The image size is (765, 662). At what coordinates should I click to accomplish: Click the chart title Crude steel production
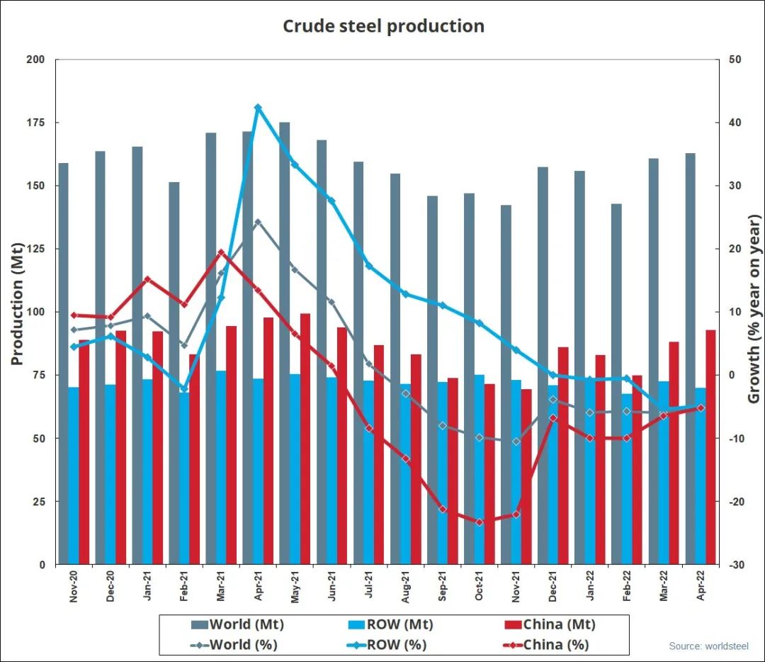point(383,26)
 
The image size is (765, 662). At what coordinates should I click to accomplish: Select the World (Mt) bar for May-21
point(284,340)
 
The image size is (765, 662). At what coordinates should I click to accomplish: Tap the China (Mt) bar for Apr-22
point(710,447)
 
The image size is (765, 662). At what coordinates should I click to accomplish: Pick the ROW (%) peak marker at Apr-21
point(258,108)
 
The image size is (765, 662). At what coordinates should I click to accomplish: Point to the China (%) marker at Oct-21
point(480,522)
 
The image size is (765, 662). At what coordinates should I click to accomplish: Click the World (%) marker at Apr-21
point(258,222)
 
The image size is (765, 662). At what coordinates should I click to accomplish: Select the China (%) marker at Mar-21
point(221,252)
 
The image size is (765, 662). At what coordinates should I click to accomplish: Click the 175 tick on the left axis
point(36,123)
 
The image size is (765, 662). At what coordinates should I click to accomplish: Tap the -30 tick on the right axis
point(735,565)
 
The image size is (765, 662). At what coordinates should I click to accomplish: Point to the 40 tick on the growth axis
point(734,123)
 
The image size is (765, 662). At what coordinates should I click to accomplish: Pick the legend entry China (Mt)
point(559,624)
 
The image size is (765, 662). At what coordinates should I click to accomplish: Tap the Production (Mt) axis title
point(17,305)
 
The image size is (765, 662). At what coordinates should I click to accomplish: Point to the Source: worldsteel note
point(708,646)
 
